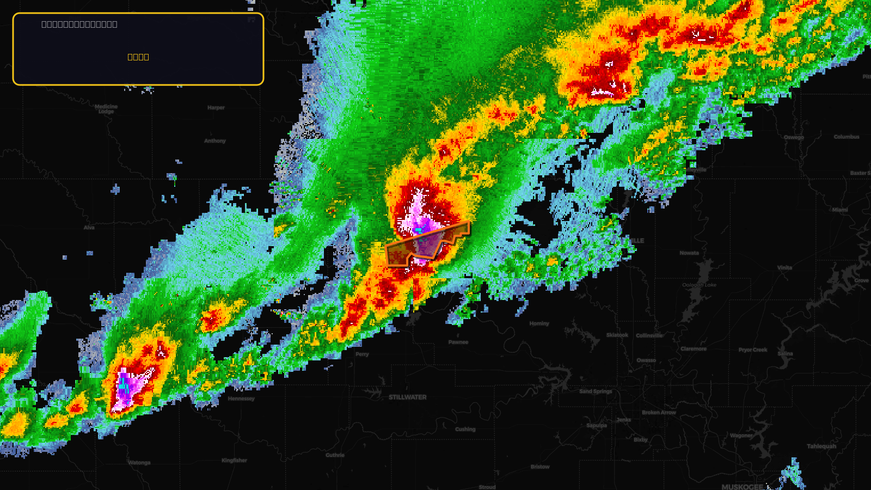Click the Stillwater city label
pos(407,397)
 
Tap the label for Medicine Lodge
pos(106,109)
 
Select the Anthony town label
pos(215,141)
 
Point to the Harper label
pos(216,108)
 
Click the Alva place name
pos(89,228)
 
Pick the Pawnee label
pos(458,342)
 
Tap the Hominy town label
pos(539,323)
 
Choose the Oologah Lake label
pos(699,285)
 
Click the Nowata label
pos(689,253)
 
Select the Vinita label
pos(784,268)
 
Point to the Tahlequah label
pos(821,446)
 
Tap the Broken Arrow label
pos(659,413)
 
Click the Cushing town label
pos(465,430)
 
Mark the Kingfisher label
pos(234,461)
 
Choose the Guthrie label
pos(335,455)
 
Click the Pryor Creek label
pos(753,350)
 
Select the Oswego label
pos(794,137)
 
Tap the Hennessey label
pos(241,399)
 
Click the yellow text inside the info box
pos(138,57)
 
